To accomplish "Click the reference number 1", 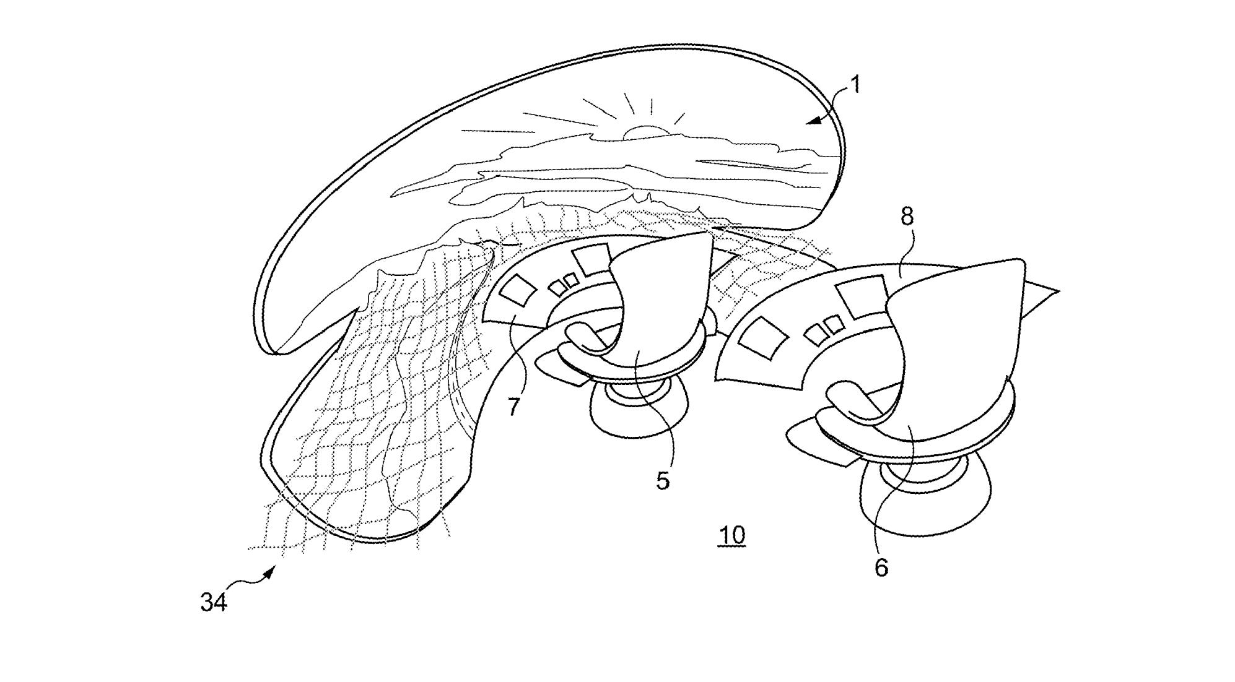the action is pyautogui.click(x=855, y=84).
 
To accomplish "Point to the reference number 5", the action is pyautogui.click(x=663, y=481).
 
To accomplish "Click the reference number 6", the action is pyautogui.click(x=881, y=567).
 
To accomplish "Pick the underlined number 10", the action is pyautogui.click(x=731, y=535).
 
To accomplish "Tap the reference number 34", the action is pyautogui.click(x=214, y=602).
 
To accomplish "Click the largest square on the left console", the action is pyautogui.click(x=592, y=260).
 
